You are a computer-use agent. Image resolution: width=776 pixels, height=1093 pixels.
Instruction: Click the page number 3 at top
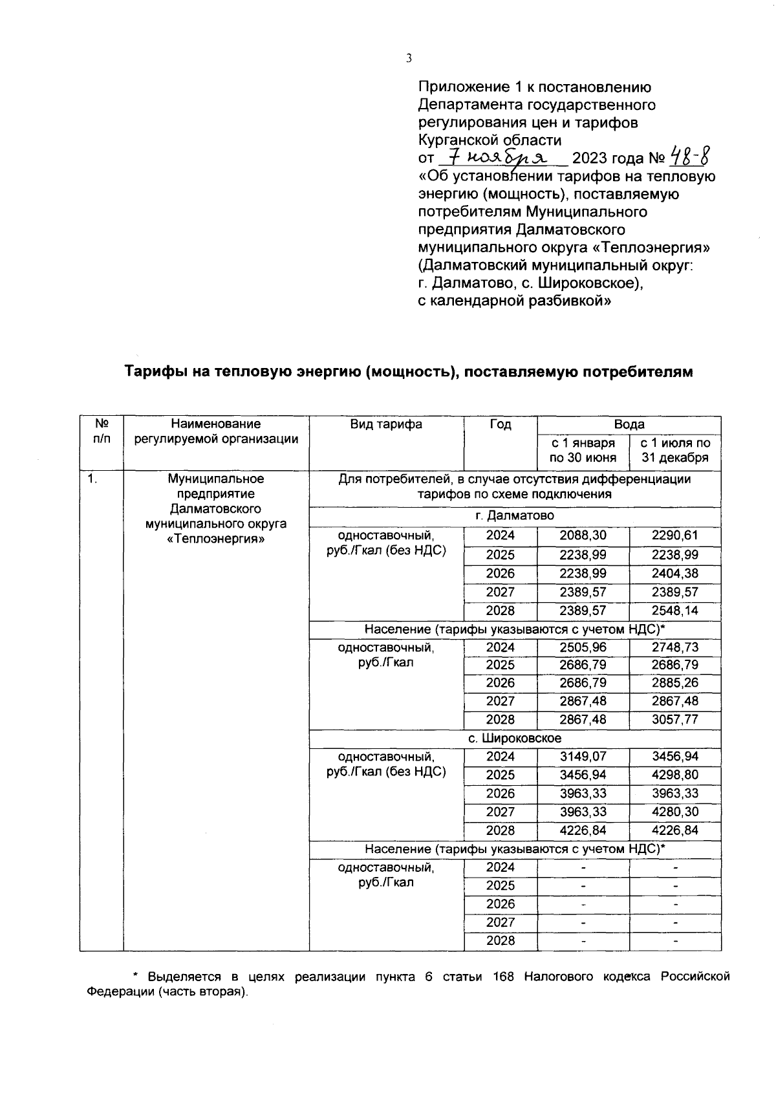[x=409, y=59]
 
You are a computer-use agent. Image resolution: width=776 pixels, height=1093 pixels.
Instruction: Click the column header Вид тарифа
[x=386, y=424]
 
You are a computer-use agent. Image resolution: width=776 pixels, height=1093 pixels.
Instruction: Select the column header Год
[x=500, y=424]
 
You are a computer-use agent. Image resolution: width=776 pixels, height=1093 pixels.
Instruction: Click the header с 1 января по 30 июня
[x=583, y=451]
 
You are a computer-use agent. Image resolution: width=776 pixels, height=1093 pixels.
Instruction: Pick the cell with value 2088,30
[x=583, y=536]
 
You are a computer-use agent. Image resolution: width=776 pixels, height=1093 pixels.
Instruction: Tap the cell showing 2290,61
[x=675, y=536]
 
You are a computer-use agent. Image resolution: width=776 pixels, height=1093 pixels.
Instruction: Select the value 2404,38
[x=675, y=573]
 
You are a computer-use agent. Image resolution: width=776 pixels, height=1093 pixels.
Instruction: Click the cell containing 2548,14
[x=675, y=611]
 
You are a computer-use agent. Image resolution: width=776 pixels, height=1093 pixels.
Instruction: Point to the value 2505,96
[x=583, y=647]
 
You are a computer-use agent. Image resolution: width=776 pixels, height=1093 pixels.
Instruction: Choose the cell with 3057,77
[x=675, y=719]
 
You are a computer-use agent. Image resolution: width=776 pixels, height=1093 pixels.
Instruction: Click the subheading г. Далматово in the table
[x=515, y=516]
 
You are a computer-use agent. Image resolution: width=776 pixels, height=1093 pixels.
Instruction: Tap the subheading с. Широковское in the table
[x=515, y=738]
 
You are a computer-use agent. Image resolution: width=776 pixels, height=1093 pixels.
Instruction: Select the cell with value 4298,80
[x=675, y=775]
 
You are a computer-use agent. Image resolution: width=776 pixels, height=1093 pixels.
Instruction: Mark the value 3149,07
[x=583, y=756]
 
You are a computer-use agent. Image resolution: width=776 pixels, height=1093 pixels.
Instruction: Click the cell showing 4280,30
[x=675, y=812]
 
